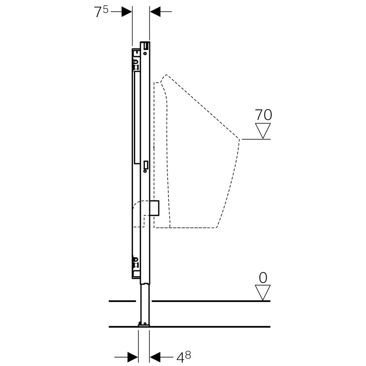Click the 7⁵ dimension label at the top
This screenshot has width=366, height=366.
(x=101, y=12)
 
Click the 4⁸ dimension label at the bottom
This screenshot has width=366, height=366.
(x=183, y=357)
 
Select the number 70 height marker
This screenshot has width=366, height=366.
(x=263, y=115)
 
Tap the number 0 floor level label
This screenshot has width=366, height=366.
(x=263, y=278)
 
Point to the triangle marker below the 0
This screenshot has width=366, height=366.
(x=263, y=292)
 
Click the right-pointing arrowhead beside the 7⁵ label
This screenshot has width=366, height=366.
(x=127, y=11)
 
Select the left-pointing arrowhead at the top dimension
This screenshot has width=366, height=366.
(x=155, y=11)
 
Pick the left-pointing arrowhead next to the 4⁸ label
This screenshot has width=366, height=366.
(x=155, y=357)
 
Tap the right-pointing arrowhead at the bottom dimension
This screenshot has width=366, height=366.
(x=132, y=357)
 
